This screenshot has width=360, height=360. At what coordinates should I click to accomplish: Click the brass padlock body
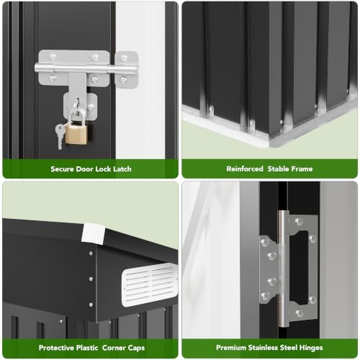coord(76,135)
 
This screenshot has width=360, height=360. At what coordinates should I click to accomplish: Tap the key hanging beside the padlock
coord(60,136)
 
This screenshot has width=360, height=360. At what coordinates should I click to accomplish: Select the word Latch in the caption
coord(122,169)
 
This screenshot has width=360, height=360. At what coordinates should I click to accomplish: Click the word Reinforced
coord(245,169)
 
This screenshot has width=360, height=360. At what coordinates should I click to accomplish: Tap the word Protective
coord(56,348)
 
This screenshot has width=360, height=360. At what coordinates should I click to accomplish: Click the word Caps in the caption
coord(136,348)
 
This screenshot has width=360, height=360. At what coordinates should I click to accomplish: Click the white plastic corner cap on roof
coord(93,233)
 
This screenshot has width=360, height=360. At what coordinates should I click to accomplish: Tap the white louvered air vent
coord(150,284)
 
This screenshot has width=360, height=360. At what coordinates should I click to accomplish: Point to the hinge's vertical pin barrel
coord(283,269)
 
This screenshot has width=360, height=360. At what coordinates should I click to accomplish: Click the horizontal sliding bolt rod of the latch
coord(85,68)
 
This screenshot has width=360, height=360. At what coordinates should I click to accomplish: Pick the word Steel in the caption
coord(292,348)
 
